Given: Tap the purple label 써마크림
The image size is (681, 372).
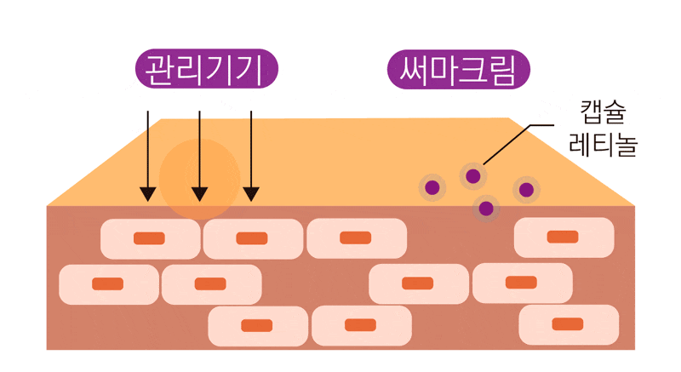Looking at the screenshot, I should point(459,69).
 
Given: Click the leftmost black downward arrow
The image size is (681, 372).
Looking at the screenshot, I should point(147,153).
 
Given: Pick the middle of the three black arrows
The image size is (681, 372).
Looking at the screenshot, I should point(199,153).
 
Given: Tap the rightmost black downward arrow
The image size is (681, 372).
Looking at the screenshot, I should point(251,153).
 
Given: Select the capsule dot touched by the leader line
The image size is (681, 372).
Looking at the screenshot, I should point(473,176).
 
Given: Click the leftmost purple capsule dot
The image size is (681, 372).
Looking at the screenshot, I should point(432,187).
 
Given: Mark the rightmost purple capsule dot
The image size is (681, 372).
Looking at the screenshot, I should point(526,189).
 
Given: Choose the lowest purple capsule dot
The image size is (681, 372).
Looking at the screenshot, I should point(486,207).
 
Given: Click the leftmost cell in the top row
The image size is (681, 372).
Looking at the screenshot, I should point(150,238).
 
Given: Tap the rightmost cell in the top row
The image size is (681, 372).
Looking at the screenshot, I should point(563,237).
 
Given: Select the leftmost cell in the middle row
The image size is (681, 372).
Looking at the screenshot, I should point(108,283).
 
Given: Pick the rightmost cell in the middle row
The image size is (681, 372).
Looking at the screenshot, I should point(522,283).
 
